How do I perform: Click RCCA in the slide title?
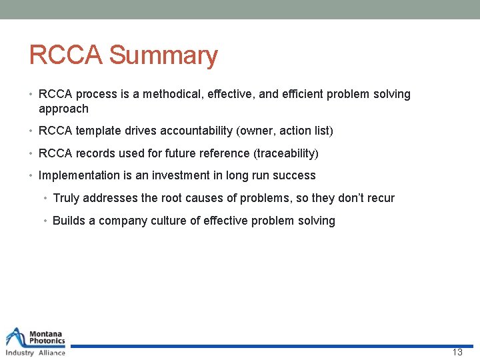tap(65, 56)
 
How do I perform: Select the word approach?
tap(63, 109)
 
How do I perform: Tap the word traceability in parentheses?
tap(286, 153)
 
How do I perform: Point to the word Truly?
tap(66, 198)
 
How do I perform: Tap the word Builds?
tap(69, 221)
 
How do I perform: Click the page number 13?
tap(457, 352)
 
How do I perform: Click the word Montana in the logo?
tap(47, 333)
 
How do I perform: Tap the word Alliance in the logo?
tap(51, 352)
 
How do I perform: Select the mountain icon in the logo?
tap(16, 337)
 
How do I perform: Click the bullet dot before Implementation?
tap(32, 176)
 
